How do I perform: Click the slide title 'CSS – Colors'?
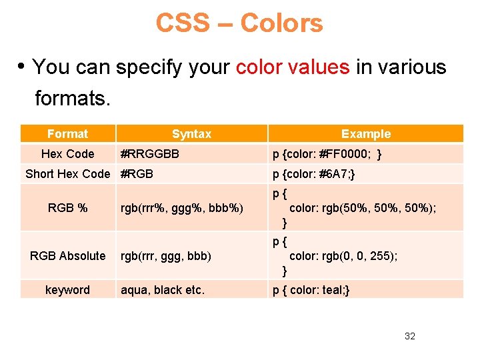coord(239,23)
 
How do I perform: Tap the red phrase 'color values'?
coord(292,67)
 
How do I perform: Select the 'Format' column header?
coord(67,134)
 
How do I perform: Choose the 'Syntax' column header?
coord(191,134)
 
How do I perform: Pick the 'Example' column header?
coord(366,134)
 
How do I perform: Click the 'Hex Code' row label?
coord(67,154)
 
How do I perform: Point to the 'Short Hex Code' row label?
coord(67,174)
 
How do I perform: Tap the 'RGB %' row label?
coord(67,208)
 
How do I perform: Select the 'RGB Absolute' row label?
coord(67,256)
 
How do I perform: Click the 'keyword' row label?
coord(67,290)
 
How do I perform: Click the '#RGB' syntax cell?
coord(137,174)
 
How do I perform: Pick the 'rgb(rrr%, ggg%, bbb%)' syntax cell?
coord(182,208)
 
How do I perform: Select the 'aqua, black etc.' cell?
coord(163,290)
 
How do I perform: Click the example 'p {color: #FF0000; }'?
coord(327,154)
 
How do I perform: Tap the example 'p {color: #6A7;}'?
coord(313,174)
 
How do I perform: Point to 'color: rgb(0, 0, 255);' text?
coord(343,256)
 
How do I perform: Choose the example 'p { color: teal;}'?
coord(311,290)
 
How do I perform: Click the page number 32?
coord(409,336)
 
